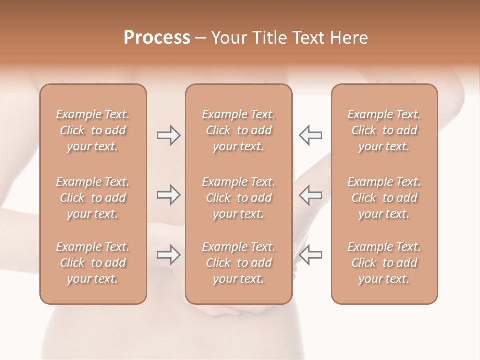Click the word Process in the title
point(157,38)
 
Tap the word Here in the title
point(349,38)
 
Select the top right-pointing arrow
point(168,135)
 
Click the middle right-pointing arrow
point(168,195)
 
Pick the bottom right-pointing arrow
point(168,255)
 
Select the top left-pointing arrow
point(310,135)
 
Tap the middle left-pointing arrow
point(310,195)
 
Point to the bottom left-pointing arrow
point(310,255)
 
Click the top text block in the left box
point(93,130)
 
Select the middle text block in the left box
point(93,198)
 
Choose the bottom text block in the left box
point(93,263)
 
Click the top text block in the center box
point(238,130)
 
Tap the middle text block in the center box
point(238,198)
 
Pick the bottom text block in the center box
point(238,263)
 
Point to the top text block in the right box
point(384,130)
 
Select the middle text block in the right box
point(384,198)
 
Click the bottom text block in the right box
point(384,263)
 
